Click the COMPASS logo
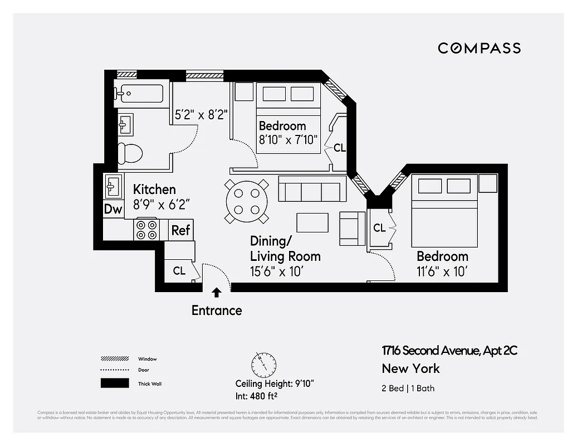click(x=479, y=48)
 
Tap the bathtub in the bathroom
click(x=139, y=93)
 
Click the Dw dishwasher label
click(x=113, y=210)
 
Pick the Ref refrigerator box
click(x=180, y=230)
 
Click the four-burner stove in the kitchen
click(x=147, y=230)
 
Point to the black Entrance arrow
click(x=217, y=292)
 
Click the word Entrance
click(x=217, y=311)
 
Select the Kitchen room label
click(x=154, y=190)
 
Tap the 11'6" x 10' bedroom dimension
click(x=442, y=272)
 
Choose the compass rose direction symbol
click(x=262, y=365)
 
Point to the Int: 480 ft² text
click(x=257, y=396)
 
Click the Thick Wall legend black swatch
click(x=114, y=383)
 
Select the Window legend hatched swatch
click(x=114, y=359)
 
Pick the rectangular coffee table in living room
click(x=312, y=222)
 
